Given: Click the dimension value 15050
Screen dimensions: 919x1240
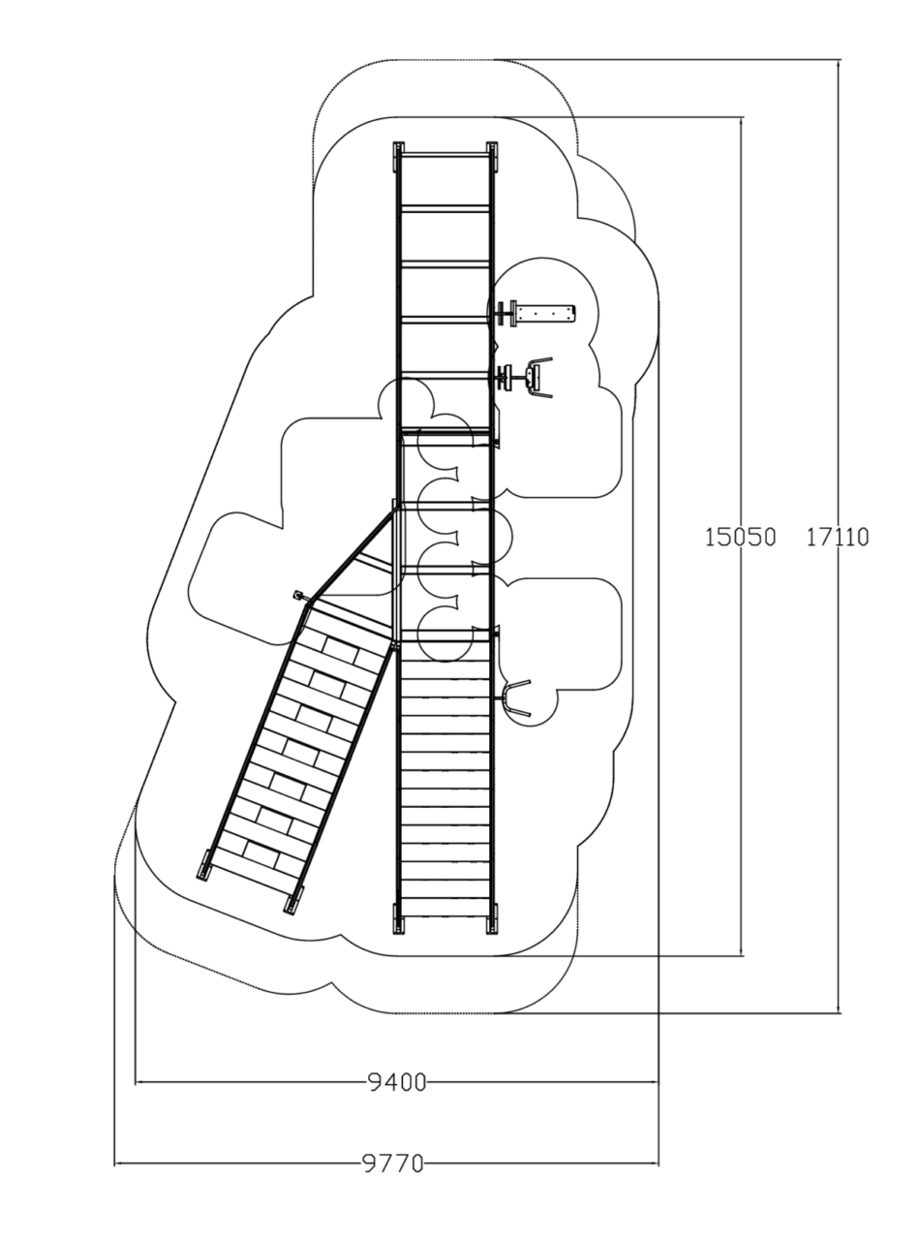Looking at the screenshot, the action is click(x=740, y=538).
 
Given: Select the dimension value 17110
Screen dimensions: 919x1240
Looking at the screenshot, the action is click(x=837, y=538).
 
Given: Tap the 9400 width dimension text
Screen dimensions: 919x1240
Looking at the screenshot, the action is click(x=397, y=1082).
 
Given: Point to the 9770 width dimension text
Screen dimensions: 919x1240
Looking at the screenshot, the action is click(x=393, y=1164).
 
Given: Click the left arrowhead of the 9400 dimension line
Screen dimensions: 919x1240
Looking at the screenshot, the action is click(x=139, y=1082).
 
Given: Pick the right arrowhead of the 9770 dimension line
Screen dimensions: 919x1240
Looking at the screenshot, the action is click(x=654, y=1164).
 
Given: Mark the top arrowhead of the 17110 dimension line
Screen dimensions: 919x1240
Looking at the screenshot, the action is click(x=838, y=64).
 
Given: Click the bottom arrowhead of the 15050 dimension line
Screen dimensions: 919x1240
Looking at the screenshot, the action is click(x=741, y=951).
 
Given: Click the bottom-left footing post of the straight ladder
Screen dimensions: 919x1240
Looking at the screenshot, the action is click(x=398, y=918).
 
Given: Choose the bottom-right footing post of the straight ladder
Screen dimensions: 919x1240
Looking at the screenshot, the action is click(x=492, y=918).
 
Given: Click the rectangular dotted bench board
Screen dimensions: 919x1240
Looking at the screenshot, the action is click(x=545, y=314).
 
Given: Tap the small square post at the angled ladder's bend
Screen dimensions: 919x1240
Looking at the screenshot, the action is click(x=298, y=595).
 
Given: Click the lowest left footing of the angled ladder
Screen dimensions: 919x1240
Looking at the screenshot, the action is click(x=204, y=865).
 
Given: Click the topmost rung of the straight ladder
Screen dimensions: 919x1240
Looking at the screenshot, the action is click(x=444, y=155).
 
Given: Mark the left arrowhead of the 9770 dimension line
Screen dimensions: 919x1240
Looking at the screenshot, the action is click(x=119, y=1164).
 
